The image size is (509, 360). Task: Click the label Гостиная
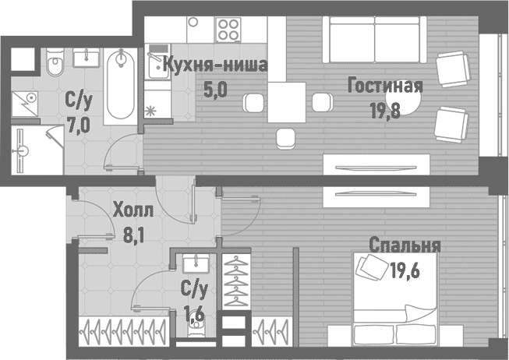[385, 85]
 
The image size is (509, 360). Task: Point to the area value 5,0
[214, 89]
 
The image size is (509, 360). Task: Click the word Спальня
[405, 245]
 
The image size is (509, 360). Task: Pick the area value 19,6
[404, 270]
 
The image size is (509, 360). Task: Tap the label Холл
[133, 210]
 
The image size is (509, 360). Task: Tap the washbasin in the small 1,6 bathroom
[194, 266]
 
